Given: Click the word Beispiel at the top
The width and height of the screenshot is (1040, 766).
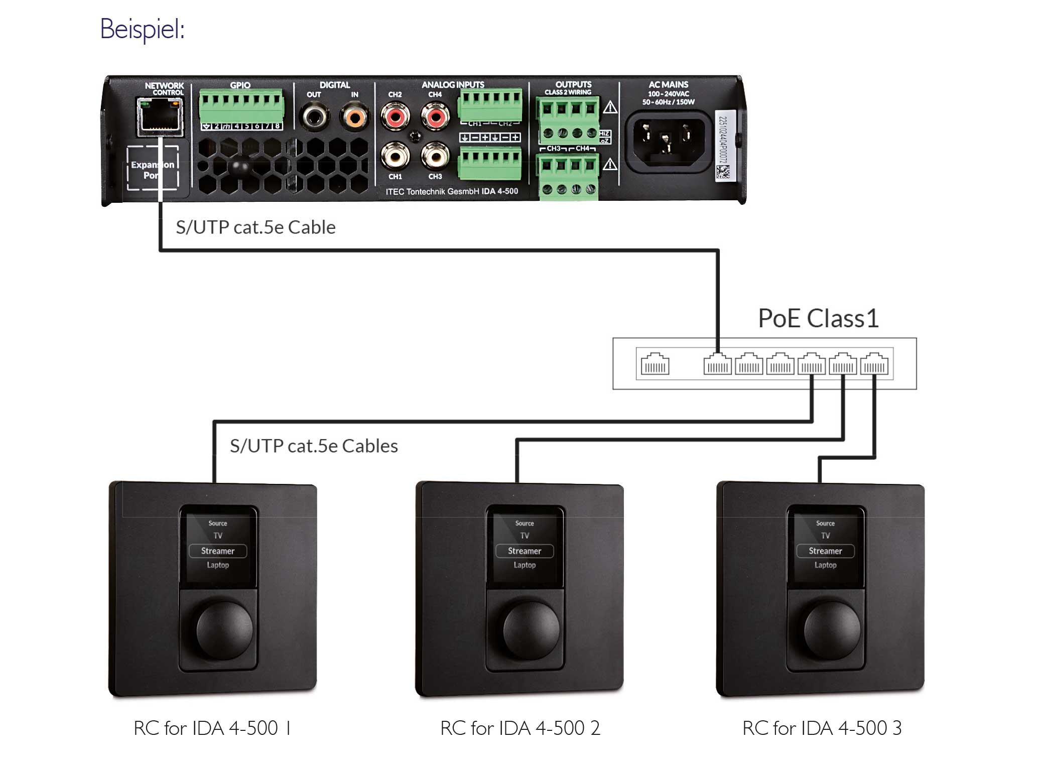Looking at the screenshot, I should point(143,29).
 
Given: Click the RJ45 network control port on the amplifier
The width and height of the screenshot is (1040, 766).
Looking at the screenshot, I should point(160,116).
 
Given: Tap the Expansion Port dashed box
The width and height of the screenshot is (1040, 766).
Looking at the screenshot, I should point(153,169).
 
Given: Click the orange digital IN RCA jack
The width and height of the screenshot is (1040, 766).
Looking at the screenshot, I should point(355,117).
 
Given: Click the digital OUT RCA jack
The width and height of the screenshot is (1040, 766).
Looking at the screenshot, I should point(314,117).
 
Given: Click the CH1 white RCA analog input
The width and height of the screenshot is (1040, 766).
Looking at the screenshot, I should point(395,157).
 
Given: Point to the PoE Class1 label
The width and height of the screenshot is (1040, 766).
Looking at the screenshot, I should point(818,318).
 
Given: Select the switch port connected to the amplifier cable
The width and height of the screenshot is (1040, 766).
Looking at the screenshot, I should point(717,364).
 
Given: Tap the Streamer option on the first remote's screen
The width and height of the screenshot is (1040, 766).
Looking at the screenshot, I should point(218,551).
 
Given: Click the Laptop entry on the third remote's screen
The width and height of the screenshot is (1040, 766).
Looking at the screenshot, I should point(825,565).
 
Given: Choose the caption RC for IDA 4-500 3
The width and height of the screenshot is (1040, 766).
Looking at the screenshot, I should point(822,728).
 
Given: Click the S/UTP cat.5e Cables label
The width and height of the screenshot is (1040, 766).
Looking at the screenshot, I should point(314,446).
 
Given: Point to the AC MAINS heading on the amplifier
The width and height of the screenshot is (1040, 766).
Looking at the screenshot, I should point(668,85).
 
